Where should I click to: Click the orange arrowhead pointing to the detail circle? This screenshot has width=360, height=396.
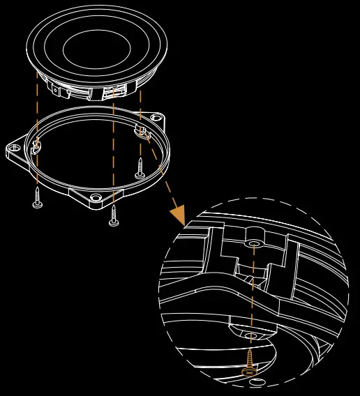coord(178,215)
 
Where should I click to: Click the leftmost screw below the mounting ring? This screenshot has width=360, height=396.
coord(37,196)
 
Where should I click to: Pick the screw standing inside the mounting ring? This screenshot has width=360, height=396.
coord(140,167)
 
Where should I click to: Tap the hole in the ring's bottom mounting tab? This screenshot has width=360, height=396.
coord(96,198)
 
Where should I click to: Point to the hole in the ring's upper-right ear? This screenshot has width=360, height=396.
coord(156,117)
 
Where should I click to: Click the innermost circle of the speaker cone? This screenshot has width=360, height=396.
coord(96,48)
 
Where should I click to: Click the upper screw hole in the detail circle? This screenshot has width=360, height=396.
coord(254,243)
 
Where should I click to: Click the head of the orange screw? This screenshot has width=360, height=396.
coord(249,372)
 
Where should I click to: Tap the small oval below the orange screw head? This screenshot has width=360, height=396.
coord(257,382)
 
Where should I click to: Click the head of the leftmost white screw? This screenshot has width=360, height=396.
coord(37,204)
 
